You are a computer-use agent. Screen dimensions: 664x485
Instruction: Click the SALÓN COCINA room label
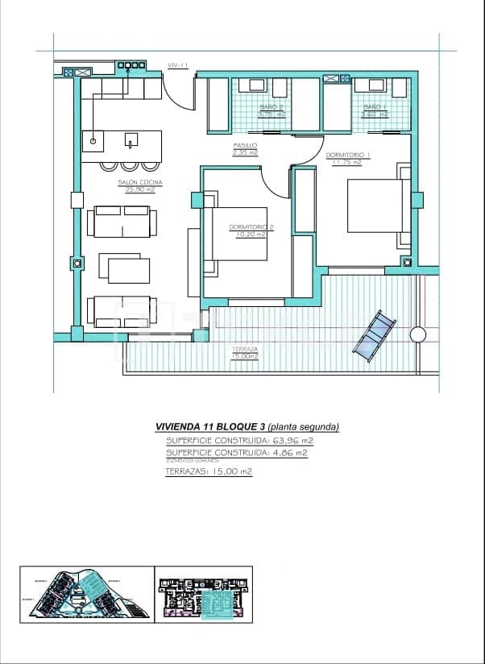click(140, 183)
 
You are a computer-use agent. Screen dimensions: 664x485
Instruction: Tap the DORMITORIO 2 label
click(251, 227)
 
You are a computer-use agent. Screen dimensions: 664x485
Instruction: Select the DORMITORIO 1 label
click(348, 154)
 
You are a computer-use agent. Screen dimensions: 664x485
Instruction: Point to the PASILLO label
click(245, 146)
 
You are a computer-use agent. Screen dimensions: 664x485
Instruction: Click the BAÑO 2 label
click(272, 107)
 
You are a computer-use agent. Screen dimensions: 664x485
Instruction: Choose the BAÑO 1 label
click(375, 107)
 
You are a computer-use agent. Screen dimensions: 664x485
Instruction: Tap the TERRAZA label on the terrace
click(245, 350)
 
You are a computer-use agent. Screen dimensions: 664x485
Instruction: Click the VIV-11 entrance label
click(177, 65)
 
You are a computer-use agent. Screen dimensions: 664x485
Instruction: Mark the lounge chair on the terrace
click(375, 334)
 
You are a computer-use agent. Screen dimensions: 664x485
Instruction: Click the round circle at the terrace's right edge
click(417, 334)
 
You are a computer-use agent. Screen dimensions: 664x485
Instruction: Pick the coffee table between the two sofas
click(129, 269)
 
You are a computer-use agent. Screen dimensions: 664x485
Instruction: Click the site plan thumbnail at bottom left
click(85, 595)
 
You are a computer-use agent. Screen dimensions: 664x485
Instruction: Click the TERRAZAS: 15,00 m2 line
click(209, 471)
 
